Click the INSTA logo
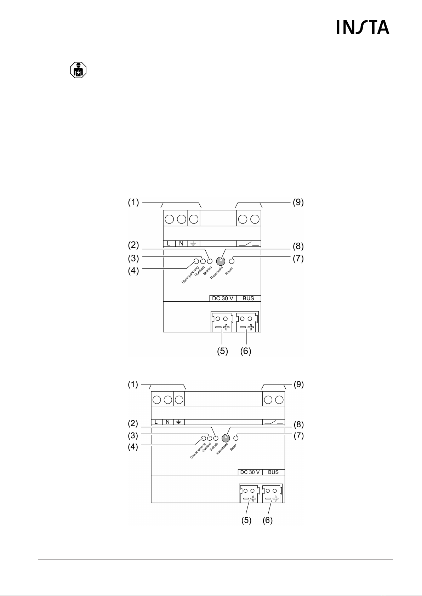coord(363,27)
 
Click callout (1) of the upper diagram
coord(133,203)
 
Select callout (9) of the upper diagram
coord(298,203)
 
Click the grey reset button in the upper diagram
coord(220,262)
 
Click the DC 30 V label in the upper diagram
coord(223,298)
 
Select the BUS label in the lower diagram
coord(273,472)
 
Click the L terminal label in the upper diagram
coord(169,243)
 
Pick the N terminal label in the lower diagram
coord(168,422)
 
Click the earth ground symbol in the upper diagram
coord(193,243)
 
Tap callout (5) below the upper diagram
coord(222,351)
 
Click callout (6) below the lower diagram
coord(267,521)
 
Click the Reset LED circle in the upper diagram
coord(232,261)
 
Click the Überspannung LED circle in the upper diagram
coord(196,262)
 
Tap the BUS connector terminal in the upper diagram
coord(247,322)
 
